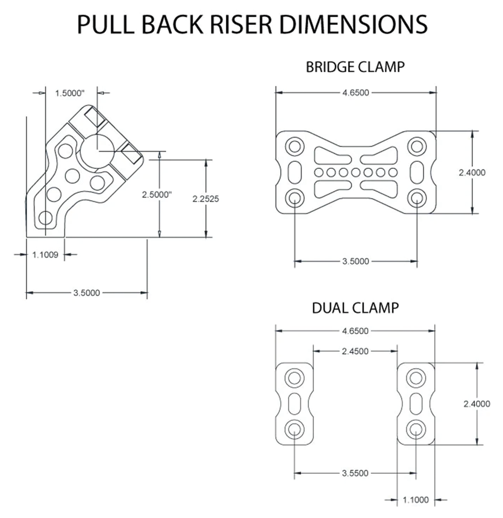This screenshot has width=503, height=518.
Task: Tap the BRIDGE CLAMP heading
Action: pos(355,67)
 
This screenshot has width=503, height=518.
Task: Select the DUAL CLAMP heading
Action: pos(355,308)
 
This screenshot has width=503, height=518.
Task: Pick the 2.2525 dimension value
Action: pos(206,198)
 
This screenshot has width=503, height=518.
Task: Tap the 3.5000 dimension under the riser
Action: pos(86,293)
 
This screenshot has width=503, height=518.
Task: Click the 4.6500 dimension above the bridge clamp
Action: pos(356,93)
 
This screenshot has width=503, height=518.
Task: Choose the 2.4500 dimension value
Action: pos(355,351)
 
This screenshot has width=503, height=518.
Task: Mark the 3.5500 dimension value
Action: pos(355,473)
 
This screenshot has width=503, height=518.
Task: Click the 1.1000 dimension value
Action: pos(415,500)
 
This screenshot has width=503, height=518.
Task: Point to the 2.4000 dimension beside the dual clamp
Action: pos(477,404)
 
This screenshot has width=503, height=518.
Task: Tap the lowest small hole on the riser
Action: pos(45,218)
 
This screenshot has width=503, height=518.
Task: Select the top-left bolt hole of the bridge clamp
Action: pos(294,146)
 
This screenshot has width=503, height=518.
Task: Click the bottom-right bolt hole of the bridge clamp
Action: pos(417,198)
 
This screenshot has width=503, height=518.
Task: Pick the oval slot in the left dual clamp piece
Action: pos(294,403)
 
